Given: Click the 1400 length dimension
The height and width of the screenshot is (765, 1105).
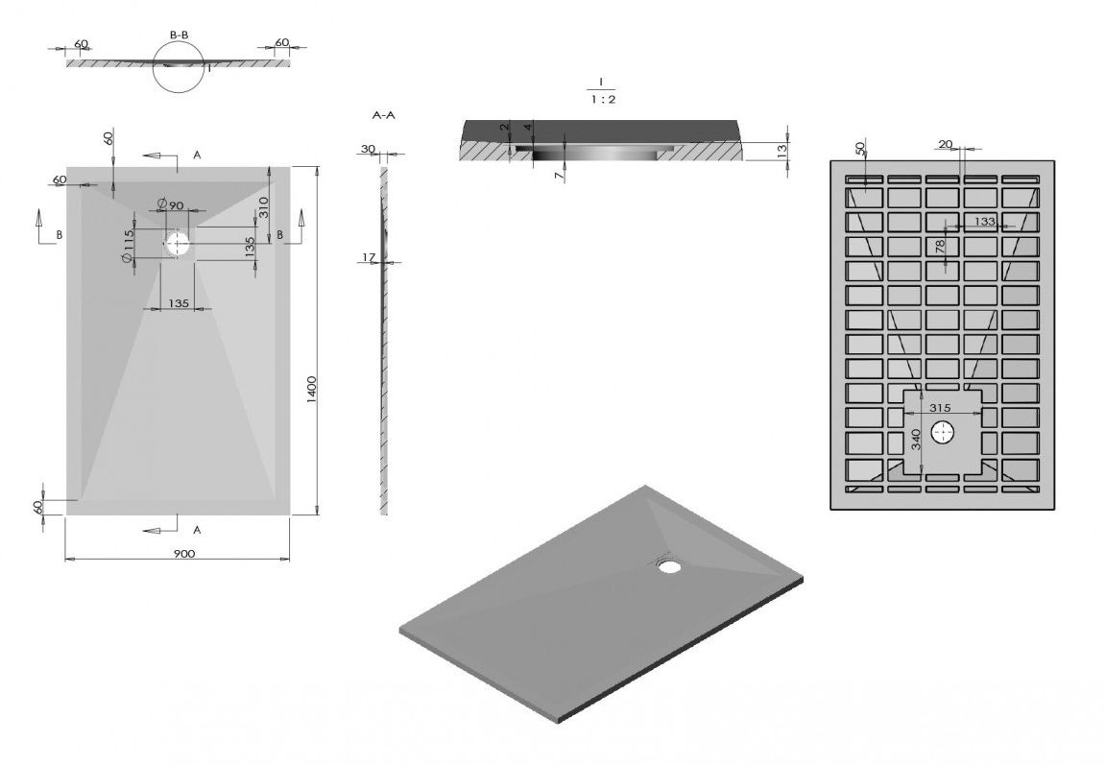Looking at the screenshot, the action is click(x=312, y=390).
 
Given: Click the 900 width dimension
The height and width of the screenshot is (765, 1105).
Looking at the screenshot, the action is click(x=184, y=554).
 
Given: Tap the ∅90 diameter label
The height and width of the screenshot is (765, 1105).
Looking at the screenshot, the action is click(x=170, y=205).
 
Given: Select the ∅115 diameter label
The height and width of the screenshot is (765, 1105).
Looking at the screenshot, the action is click(x=129, y=247).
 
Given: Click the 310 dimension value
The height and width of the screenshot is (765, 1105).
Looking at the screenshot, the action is click(x=264, y=207).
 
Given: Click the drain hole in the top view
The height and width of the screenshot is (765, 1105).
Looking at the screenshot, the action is click(x=177, y=244).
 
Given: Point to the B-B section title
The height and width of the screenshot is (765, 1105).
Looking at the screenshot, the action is click(x=179, y=35).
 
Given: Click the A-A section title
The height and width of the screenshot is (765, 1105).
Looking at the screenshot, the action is click(x=383, y=115).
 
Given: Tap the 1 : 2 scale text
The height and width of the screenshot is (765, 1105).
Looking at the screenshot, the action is click(x=603, y=99).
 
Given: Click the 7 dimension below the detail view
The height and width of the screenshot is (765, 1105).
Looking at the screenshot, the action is click(x=559, y=176).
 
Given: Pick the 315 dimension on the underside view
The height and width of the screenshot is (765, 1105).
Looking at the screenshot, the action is click(x=940, y=408).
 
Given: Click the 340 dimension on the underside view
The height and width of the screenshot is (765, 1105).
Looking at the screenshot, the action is click(x=916, y=440).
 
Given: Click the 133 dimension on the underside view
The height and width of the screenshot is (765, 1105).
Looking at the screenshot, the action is click(x=984, y=221).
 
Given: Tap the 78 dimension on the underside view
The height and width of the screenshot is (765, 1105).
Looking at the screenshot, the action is click(x=939, y=247).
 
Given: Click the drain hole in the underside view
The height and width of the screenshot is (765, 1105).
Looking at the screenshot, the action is click(x=943, y=433).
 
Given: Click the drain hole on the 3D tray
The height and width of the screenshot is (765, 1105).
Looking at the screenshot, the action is click(x=669, y=565).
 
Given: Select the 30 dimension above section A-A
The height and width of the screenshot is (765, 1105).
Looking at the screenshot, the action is click(x=368, y=149).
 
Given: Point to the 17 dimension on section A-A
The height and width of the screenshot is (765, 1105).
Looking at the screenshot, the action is click(x=370, y=258).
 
